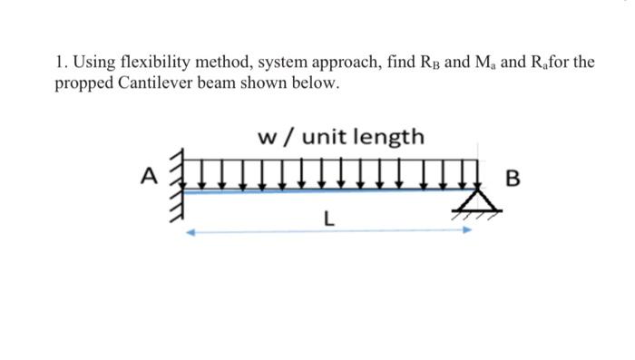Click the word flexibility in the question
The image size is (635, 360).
tap(160, 63)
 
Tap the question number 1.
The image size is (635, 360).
tap(58, 63)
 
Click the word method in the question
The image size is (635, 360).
tap(226, 63)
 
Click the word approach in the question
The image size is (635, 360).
tap(347, 63)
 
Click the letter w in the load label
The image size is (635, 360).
tap(268, 138)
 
